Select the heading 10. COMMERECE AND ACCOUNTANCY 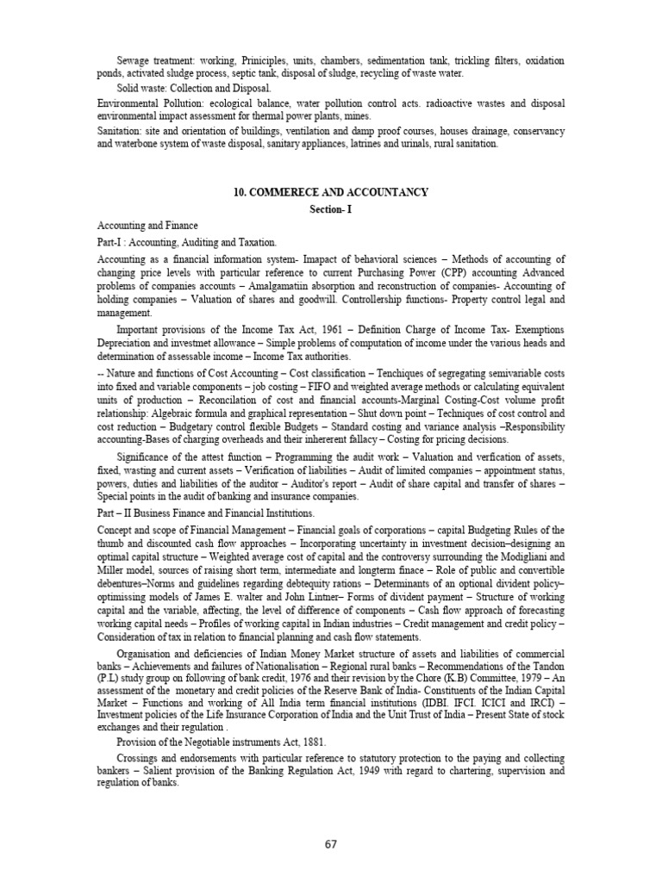[331, 192]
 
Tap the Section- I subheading [331, 209]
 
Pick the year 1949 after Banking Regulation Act [360, 770]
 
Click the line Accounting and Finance [147, 226]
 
